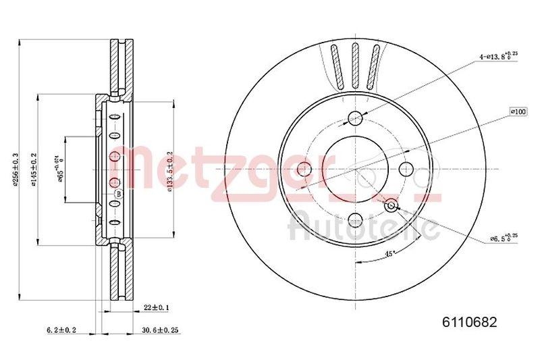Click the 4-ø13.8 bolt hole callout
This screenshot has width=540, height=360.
pyautogui.click(x=498, y=56)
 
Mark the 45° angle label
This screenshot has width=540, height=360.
pyautogui.click(x=389, y=254)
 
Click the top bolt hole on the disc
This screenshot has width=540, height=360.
pyautogui.click(x=355, y=120)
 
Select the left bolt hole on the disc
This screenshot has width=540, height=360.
pyautogui.click(x=304, y=168)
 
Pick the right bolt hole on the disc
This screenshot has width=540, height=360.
pyautogui.click(x=406, y=169)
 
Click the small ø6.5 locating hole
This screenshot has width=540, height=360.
pyautogui.click(x=391, y=204)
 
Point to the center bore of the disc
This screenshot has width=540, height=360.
pyautogui.click(x=355, y=169)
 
